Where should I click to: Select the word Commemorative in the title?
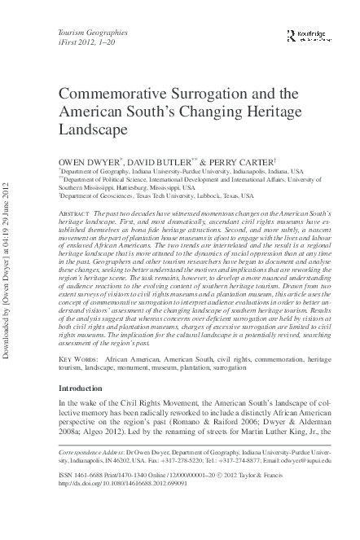112,94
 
